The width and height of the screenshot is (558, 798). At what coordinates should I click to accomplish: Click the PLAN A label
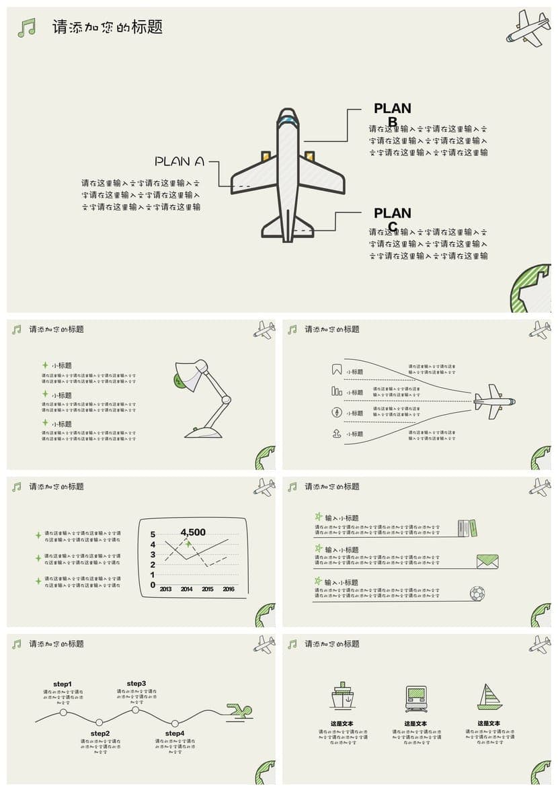click(x=180, y=161)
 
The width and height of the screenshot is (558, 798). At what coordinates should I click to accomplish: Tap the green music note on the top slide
click(x=26, y=28)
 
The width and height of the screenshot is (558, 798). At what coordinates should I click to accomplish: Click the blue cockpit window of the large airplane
click(x=288, y=120)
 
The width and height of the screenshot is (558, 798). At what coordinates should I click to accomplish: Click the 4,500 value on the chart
click(x=193, y=532)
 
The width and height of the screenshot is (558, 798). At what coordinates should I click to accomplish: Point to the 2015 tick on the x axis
click(x=208, y=590)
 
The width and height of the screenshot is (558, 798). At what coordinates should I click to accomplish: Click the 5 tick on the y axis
click(x=153, y=534)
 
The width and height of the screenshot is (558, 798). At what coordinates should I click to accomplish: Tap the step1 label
click(x=63, y=684)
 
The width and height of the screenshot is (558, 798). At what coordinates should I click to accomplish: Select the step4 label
click(x=175, y=733)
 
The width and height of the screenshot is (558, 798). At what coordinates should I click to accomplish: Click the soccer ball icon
click(x=477, y=594)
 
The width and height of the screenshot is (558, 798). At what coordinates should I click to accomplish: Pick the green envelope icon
click(x=487, y=561)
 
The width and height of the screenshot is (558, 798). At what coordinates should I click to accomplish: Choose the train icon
click(x=415, y=699)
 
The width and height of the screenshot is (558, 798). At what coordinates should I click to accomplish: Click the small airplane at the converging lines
click(x=494, y=401)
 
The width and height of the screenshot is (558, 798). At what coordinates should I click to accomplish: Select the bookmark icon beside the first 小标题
click(x=337, y=370)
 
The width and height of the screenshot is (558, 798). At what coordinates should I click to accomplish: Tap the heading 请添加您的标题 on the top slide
click(x=108, y=28)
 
